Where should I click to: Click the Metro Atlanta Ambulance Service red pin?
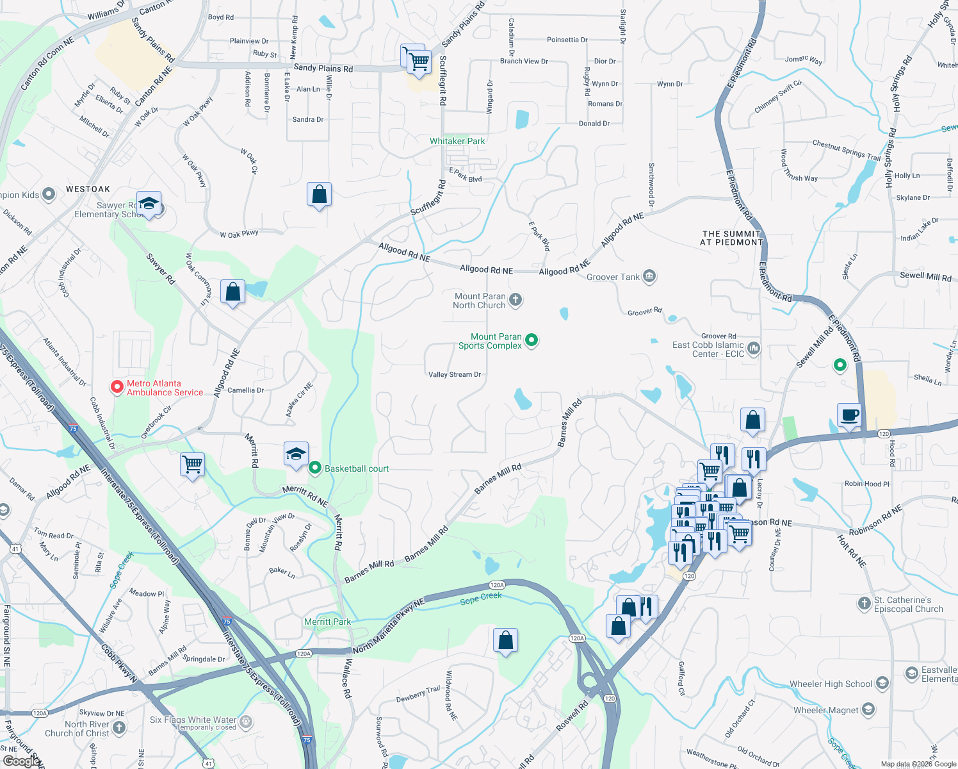click(x=117, y=387)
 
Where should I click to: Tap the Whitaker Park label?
click(x=457, y=141)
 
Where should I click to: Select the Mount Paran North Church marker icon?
click(x=516, y=300)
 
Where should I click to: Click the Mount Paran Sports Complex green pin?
click(x=532, y=340)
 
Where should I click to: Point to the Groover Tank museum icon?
click(x=649, y=276)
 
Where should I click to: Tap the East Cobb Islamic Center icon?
click(x=754, y=349)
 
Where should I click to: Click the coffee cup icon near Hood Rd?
click(x=850, y=415)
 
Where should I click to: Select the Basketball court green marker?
click(x=314, y=468)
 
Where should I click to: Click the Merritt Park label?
click(x=327, y=622)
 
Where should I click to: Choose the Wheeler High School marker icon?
click(x=882, y=683)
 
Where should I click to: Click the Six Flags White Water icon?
click(x=246, y=722)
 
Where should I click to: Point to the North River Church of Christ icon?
click(x=119, y=727)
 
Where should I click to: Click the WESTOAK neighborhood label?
click(x=88, y=189)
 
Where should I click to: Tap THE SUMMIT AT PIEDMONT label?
click(x=732, y=238)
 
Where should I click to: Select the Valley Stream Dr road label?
click(x=455, y=374)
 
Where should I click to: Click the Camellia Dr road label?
click(x=245, y=390)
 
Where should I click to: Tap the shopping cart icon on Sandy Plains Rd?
click(x=419, y=62)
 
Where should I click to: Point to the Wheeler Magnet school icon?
click(x=868, y=709)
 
